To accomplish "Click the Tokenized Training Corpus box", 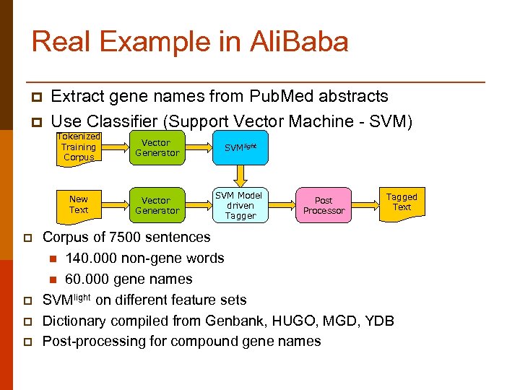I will click(79, 147).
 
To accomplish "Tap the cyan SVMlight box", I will click(240, 147).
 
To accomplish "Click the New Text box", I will click(79, 204).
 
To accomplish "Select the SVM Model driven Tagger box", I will click(240, 205).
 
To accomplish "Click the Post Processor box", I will click(324, 205).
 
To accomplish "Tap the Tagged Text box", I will click(402, 201).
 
